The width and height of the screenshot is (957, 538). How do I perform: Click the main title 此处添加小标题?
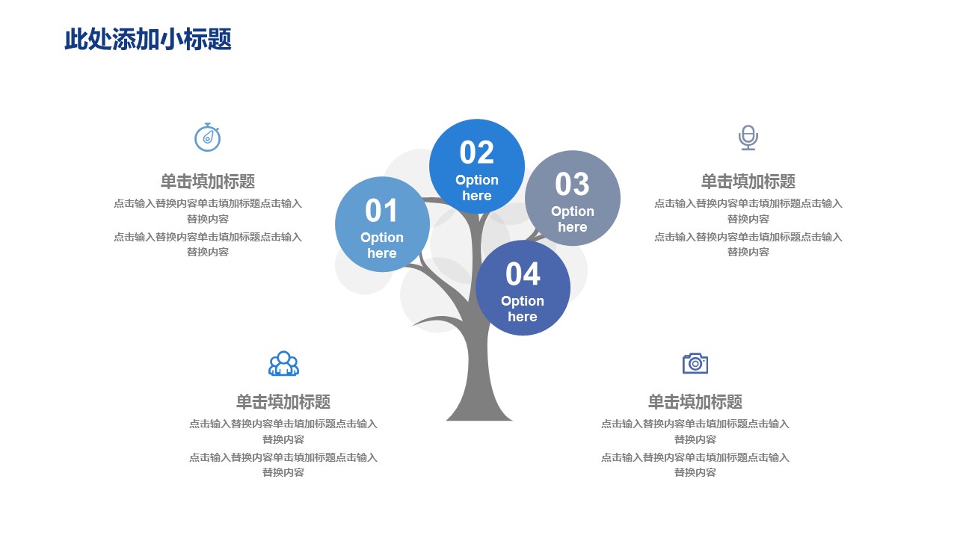(148, 40)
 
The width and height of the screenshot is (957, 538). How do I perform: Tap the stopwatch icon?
(208, 137)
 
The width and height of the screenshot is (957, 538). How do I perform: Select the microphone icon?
(748, 137)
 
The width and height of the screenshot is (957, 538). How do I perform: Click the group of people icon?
(283, 363)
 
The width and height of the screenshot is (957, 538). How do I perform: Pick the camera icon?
(695, 363)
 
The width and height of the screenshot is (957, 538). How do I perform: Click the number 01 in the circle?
(381, 211)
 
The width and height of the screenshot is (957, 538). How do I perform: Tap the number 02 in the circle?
(477, 152)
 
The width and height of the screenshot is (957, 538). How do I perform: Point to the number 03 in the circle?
(573, 184)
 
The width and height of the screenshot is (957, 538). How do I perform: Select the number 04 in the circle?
(523, 273)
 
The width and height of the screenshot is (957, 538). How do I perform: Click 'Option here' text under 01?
(382, 245)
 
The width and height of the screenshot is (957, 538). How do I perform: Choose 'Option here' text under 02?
(477, 188)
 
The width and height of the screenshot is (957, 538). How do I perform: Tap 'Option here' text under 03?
(573, 219)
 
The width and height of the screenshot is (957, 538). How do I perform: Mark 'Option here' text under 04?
(523, 309)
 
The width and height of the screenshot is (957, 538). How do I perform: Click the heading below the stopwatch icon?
(208, 182)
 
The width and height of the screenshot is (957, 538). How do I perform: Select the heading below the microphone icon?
(748, 182)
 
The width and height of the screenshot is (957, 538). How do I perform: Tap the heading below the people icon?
(283, 402)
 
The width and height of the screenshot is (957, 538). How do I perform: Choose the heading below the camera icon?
(695, 402)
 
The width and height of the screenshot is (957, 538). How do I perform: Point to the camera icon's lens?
(695, 364)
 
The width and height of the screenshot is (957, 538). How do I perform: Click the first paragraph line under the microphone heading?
(748, 203)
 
